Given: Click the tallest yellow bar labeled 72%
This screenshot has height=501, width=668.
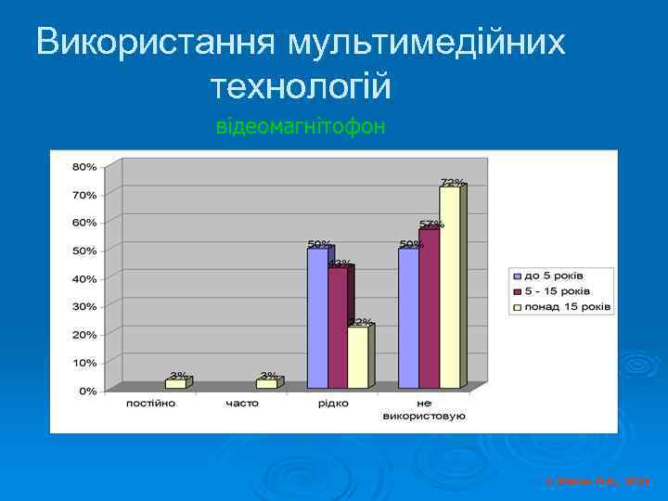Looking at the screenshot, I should (x=450, y=288).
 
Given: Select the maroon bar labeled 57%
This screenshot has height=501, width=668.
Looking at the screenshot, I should (x=429, y=308).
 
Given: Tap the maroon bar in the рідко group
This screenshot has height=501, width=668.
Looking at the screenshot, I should (x=338, y=328).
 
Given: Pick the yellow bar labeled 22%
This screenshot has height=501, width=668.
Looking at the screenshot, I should (x=357, y=356).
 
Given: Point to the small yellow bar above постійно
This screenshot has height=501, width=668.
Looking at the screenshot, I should (x=175, y=383).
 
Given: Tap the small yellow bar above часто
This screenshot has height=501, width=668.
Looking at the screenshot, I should (x=266, y=383).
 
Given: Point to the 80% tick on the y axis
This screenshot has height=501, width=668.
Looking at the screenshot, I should (x=85, y=167).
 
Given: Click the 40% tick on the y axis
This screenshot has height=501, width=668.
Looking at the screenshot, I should (x=85, y=279).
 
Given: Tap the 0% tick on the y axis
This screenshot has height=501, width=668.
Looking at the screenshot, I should (x=88, y=391).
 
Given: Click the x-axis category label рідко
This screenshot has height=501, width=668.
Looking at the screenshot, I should (x=333, y=405).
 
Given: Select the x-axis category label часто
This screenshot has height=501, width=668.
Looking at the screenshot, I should (x=242, y=405).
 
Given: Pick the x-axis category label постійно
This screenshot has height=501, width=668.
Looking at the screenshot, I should (x=150, y=405).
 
